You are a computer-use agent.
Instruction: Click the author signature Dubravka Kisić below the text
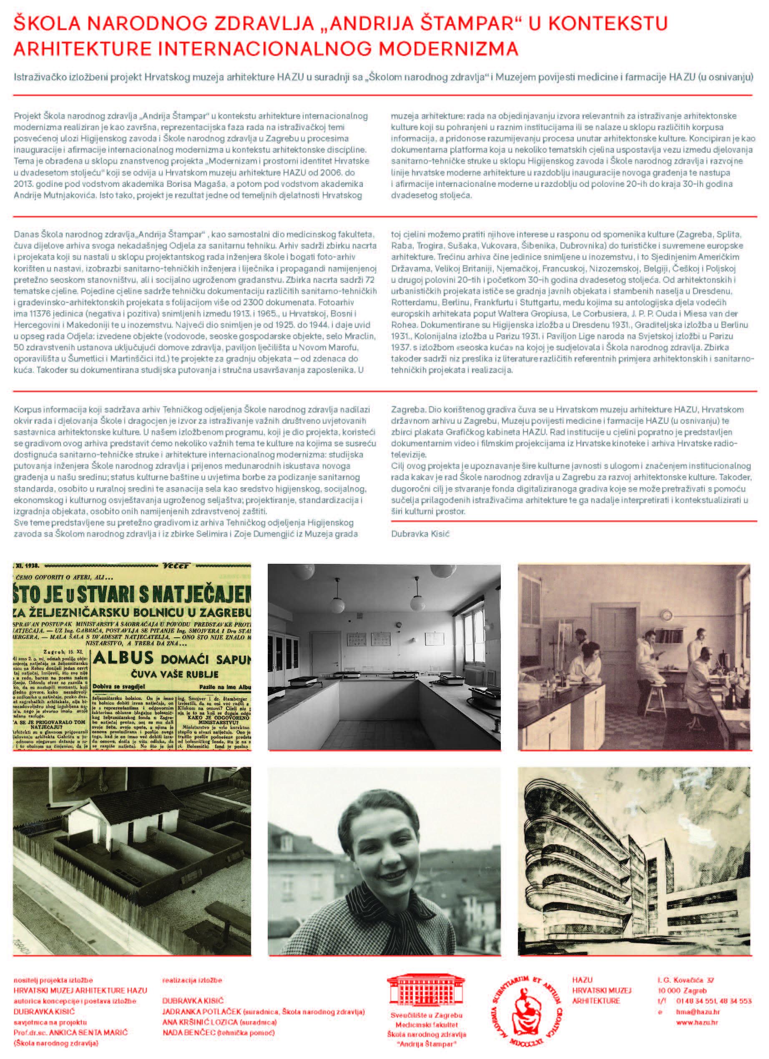tap(420, 534)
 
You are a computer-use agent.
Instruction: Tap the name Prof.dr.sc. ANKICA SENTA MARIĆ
tap(70, 1032)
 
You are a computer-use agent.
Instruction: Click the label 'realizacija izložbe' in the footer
tap(192, 980)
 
